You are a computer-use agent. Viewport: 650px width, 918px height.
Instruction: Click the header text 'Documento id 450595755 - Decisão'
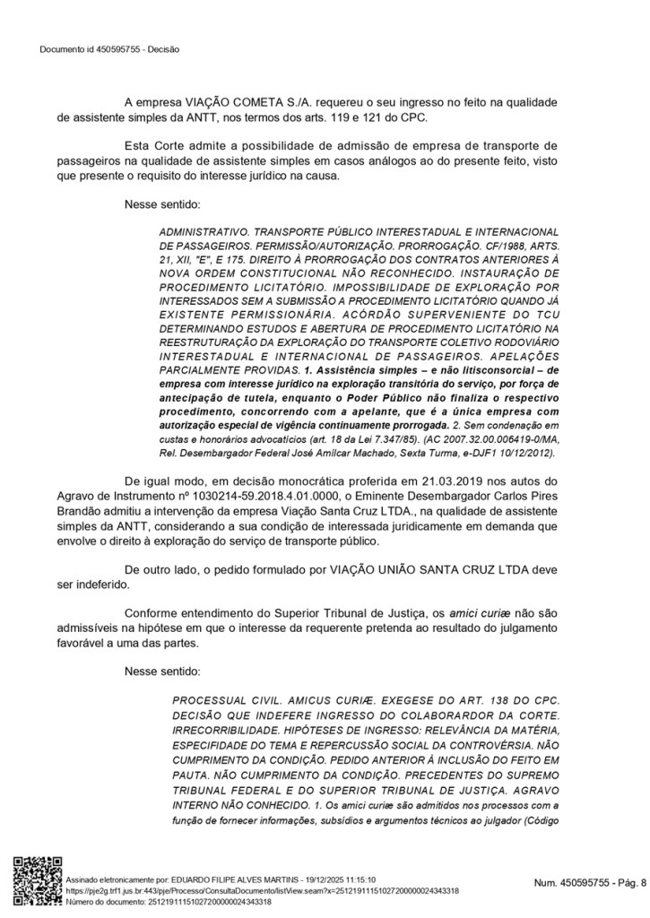(109, 48)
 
